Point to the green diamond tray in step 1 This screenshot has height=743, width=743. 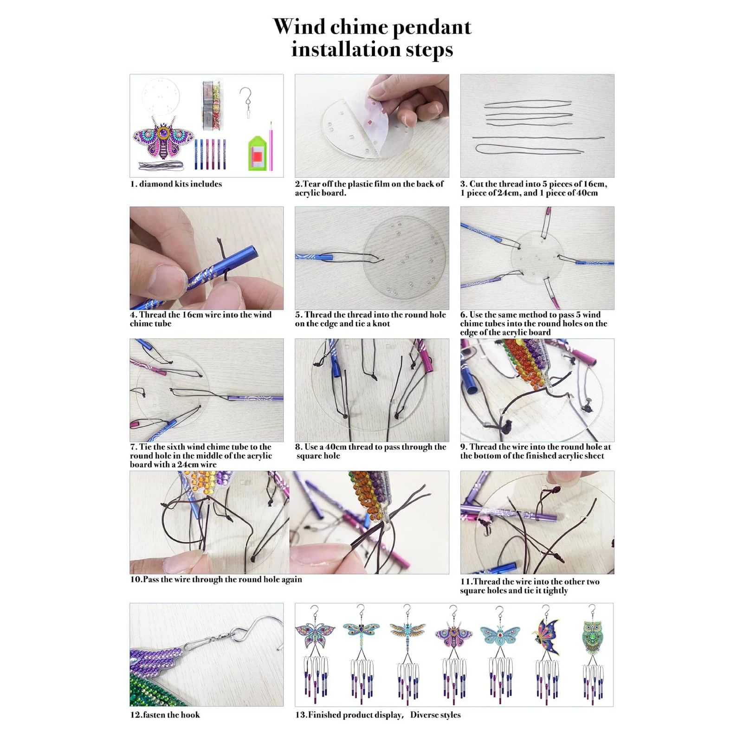[x=257, y=153]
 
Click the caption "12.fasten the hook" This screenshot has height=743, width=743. [x=165, y=715]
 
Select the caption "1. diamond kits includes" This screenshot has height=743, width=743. [x=176, y=184]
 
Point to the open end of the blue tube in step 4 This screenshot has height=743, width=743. [x=254, y=254]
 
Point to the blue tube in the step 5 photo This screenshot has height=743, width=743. [x=316, y=257]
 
